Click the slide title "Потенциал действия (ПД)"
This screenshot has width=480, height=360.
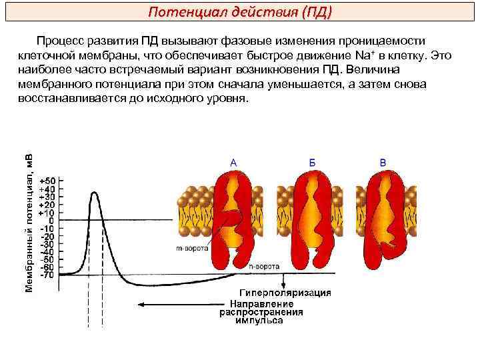pyautogui.click(x=239, y=13)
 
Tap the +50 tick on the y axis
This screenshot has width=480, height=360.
pyautogui.click(x=49, y=181)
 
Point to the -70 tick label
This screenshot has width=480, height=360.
pyautogui.click(x=48, y=274)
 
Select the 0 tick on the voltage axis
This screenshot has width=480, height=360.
pyautogui.click(x=52, y=221)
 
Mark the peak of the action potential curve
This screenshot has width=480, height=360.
pyautogui.click(x=94, y=192)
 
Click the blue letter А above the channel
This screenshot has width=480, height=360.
pyautogui.click(x=233, y=162)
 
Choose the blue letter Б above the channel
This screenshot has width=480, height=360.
pyautogui.click(x=312, y=162)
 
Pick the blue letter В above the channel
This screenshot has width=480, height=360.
pyautogui.click(x=383, y=162)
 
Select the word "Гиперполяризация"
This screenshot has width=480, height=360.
pyautogui.click(x=285, y=293)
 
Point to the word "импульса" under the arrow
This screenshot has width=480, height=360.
pyautogui.click(x=260, y=320)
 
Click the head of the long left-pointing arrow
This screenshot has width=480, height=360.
pyautogui.click(x=144, y=305)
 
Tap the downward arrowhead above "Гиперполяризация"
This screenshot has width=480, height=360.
pyautogui.click(x=285, y=285)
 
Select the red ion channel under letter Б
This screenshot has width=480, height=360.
pyautogui.click(x=311, y=217)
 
